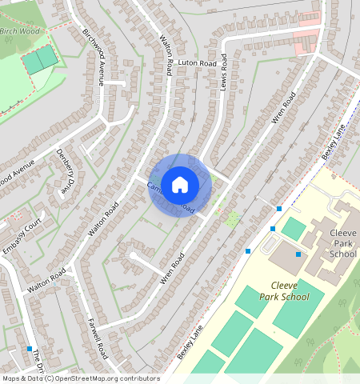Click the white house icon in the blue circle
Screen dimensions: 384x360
tap(180, 184)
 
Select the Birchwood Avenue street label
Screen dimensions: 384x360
tap(94, 57)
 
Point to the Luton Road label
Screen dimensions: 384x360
tap(198, 62)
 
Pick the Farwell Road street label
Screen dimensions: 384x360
tap(95, 336)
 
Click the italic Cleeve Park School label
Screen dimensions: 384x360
tap(278, 291)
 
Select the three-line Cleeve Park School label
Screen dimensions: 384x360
tap(343, 243)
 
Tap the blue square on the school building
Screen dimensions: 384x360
tap(298, 254)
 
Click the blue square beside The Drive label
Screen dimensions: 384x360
tap(30, 350)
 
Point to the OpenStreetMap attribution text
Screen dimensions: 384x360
tap(80, 378)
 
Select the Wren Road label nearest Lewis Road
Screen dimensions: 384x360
tap(283, 108)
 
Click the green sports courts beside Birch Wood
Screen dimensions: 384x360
tap(39, 58)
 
